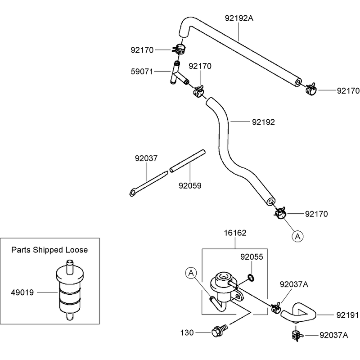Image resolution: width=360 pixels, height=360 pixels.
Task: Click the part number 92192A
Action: pos(239,18)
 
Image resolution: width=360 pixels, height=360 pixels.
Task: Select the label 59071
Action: pos(142,72)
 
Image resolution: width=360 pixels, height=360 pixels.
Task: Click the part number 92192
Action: pos(263,122)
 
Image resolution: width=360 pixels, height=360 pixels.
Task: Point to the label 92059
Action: pos(190,185)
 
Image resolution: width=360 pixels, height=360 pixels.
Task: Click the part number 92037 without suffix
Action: pos(146,158)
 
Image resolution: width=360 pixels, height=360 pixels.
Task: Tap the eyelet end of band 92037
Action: pos(132,193)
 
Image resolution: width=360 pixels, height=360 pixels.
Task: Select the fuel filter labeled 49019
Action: pos(70,290)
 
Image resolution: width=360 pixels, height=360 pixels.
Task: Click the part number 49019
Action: pos(22,292)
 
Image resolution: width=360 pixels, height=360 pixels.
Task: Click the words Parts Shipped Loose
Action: pos(49,250)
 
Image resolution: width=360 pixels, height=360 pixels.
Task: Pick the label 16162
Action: pos(235,233)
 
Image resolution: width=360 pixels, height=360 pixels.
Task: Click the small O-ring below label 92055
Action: pos(251,278)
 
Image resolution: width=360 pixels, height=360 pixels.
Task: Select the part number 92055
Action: pos(252,256)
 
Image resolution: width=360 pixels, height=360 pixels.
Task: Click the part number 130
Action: pos(187,333)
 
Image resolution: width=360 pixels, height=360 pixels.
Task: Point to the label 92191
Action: pos(347,315)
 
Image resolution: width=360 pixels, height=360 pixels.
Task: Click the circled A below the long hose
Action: pos(297,236)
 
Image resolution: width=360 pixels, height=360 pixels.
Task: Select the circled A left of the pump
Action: pos(191,273)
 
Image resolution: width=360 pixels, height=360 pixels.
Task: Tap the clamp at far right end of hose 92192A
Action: pos(311,89)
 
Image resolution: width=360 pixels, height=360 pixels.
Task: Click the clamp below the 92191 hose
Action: pos(297,335)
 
